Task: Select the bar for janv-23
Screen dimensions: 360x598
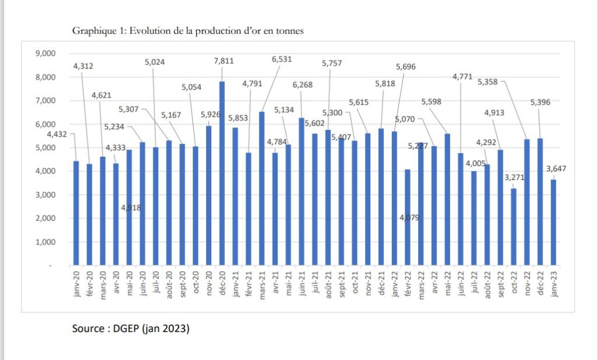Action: coord(553,222)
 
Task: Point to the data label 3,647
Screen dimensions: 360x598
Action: coord(557,169)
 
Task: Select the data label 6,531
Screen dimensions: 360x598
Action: coord(281,59)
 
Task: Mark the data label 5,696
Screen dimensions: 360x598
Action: coord(405,67)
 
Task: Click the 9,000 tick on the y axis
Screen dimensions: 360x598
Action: coord(45,53)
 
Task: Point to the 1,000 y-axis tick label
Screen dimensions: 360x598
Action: coord(45,242)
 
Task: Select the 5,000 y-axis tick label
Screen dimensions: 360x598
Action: coord(45,148)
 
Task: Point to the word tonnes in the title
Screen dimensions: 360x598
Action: coord(290,32)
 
